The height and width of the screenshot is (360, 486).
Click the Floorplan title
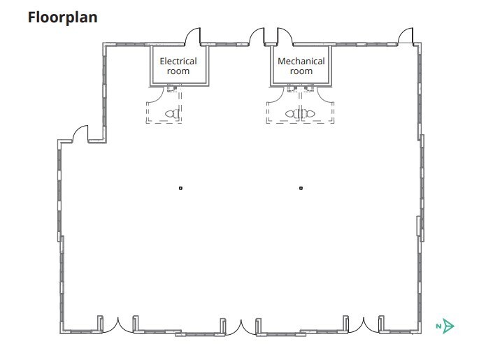coord(62,17)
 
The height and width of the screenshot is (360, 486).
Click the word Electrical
coord(178,61)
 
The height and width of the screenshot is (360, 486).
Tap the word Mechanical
coord(301,61)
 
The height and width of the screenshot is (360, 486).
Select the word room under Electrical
coord(178,71)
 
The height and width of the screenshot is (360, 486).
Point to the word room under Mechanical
coord(301,71)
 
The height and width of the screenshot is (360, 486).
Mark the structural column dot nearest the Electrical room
coord(180,188)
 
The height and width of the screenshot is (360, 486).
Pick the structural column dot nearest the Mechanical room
coord(301,188)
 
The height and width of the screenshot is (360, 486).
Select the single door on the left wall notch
coord(80,133)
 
